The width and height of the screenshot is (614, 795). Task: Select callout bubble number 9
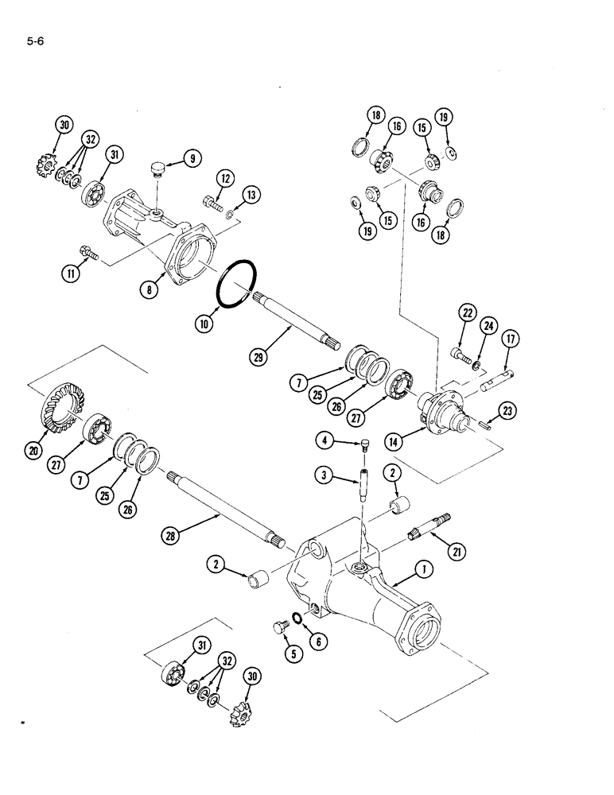(x=192, y=159)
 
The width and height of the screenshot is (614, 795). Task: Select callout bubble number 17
(x=508, y=339)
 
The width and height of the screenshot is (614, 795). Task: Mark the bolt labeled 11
(x=91, y=257)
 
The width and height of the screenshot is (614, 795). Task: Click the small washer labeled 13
(x=229, y=214)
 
